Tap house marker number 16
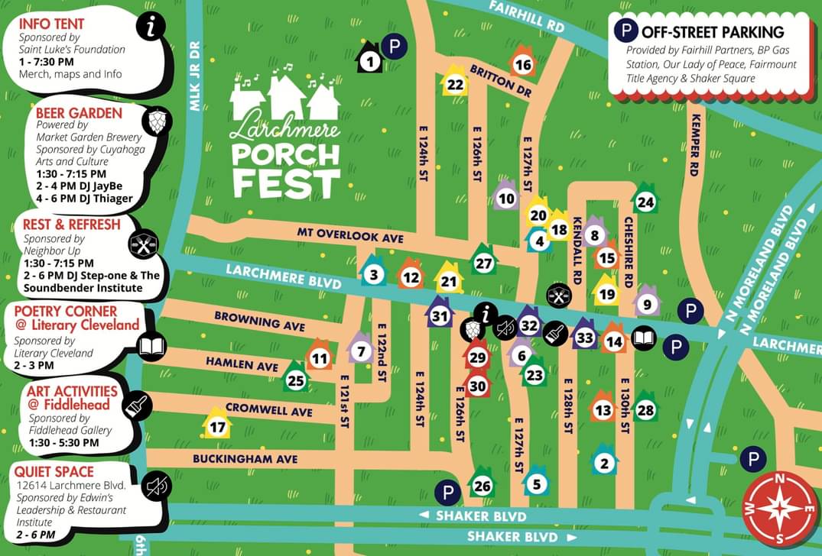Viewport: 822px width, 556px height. coord(523,64)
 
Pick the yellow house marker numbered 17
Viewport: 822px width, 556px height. coord(218,426)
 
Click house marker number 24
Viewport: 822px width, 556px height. coord(646,202)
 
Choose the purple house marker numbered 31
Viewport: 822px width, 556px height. coord(440,315)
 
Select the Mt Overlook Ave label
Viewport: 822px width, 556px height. coord(349,238)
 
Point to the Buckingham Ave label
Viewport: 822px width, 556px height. coord(245,458)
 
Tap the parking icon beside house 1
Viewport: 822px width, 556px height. coord(395,47)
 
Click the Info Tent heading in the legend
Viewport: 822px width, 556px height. coord(52,23)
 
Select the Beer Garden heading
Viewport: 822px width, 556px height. coord(79,113)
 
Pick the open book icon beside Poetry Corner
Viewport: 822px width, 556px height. coord(152,347)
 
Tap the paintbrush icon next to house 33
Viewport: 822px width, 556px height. coord(555,333)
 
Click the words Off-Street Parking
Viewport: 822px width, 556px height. coord(713,32)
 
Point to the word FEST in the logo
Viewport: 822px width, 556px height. coord(287,183)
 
